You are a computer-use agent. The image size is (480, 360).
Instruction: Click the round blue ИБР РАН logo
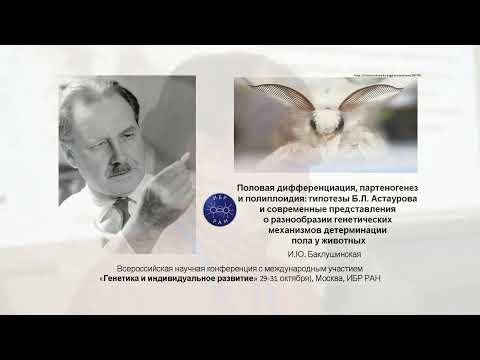[217, 209]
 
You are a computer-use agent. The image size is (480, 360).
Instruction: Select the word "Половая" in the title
[257, 189]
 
